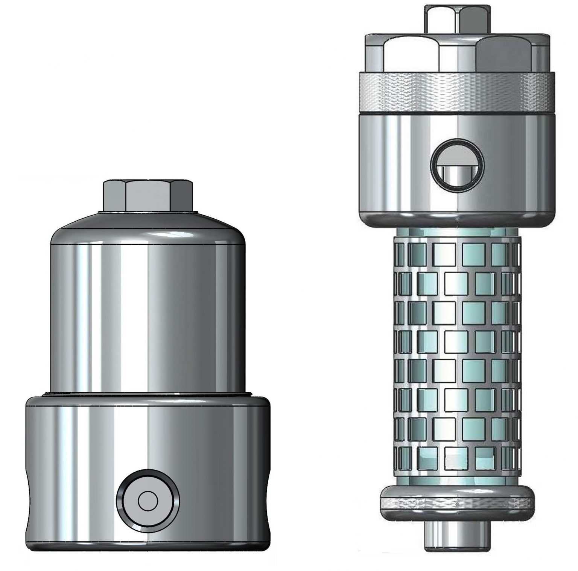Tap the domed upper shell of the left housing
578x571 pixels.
click(148, 301)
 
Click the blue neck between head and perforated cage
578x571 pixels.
click(456, 231)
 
